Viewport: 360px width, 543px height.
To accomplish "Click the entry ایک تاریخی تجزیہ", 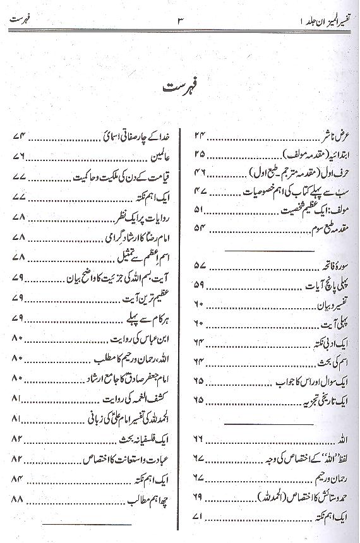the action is tap(316, 400).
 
